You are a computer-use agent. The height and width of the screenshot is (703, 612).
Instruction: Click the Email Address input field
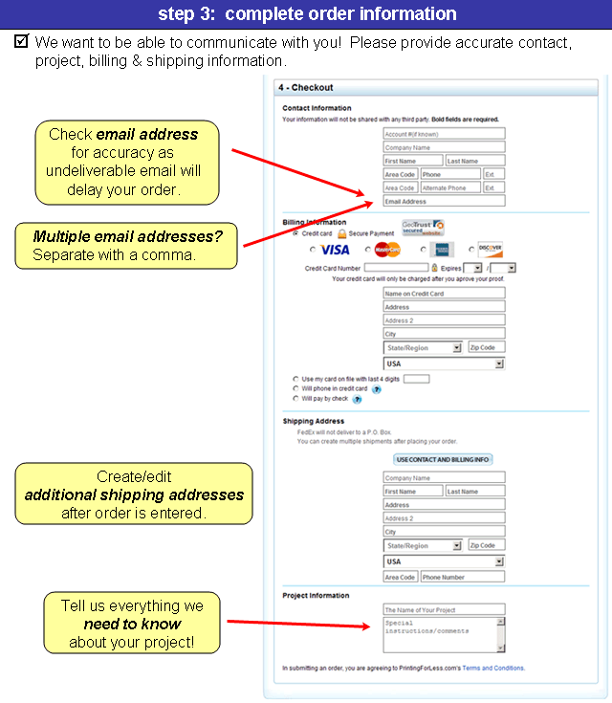click(443, 202)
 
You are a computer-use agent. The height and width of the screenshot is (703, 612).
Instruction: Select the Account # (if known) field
click(443, 135)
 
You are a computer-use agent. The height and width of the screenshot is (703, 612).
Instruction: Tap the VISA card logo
click(335, 250)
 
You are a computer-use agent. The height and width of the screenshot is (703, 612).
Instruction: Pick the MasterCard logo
click(387, 250)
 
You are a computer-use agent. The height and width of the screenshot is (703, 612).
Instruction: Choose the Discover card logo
click(491, 250)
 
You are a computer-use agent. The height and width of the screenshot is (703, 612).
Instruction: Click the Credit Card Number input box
click(396, 268)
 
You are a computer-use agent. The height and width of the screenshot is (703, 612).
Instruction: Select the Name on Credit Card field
click(443, 294)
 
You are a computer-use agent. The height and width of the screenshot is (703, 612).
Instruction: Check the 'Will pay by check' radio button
click(295, 399)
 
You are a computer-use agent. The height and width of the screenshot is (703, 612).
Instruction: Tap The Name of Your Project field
click(443, 609)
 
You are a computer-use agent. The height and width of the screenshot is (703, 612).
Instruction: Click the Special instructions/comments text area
click(440, 633)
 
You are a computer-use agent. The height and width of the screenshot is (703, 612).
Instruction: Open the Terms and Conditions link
click(492, 669)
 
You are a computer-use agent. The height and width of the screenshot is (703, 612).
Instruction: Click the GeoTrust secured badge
click(423, 228)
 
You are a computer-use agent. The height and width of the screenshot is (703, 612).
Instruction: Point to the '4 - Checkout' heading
click(306, 88)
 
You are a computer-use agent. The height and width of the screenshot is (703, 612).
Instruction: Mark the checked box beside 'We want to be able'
click(22, 42)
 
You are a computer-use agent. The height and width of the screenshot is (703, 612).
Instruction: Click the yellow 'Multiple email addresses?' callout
click(127, 246)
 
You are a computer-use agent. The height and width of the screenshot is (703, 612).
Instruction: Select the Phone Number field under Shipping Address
click(461, 578)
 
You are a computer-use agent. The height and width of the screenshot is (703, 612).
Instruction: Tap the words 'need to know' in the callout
click(132, 624)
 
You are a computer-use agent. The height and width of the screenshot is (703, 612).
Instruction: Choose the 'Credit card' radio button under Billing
click(295, 232)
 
